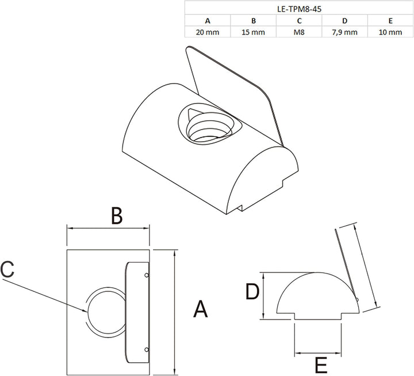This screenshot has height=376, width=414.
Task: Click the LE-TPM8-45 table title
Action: tap(299, 9)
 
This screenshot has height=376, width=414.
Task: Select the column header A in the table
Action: tap(208, 21)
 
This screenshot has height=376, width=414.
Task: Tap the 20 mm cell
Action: tap(208, 32)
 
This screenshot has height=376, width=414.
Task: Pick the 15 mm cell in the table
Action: tap(253, 32)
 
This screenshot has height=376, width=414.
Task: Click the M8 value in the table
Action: tap(299, 32)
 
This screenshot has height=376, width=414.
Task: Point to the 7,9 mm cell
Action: tap(344, 32)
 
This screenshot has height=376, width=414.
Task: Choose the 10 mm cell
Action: tap(390, 32)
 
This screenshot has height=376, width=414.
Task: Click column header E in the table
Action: tap(390, 21)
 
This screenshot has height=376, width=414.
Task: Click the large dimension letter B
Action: tap(117, 215)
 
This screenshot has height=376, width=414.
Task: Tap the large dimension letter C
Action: tap(7, 269)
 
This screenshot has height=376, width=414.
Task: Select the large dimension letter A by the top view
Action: tap(201, 309)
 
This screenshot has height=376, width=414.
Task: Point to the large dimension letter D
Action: tap(252, 291)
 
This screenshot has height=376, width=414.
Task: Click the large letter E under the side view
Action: tap(321, 365)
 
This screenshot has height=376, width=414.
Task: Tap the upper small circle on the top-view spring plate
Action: tap(147, 275)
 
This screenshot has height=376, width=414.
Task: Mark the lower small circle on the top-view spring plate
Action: tap(147, 350)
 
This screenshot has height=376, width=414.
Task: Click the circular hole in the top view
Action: tap(87, 312)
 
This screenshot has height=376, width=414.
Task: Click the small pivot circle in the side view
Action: tap(357, 299)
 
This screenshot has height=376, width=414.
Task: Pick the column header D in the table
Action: tap(344, 21)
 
